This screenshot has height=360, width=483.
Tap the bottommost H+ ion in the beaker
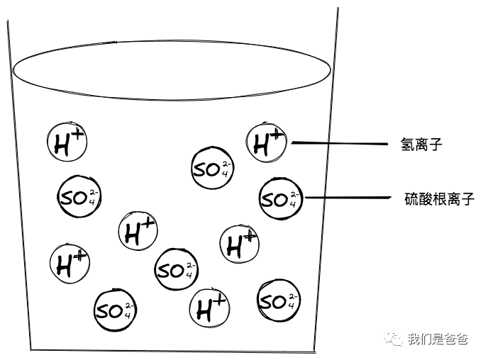pos(211,308)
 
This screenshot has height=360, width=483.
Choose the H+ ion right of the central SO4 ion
pos(240,244)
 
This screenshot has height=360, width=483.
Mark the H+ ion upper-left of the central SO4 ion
pos(138,232)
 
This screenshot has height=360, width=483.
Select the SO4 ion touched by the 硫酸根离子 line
pos(280,198)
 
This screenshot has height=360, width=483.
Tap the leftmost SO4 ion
pos(78,198)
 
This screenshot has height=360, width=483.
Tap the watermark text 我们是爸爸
pos(437,339)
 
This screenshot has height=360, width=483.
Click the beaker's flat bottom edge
pos(174,349)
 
